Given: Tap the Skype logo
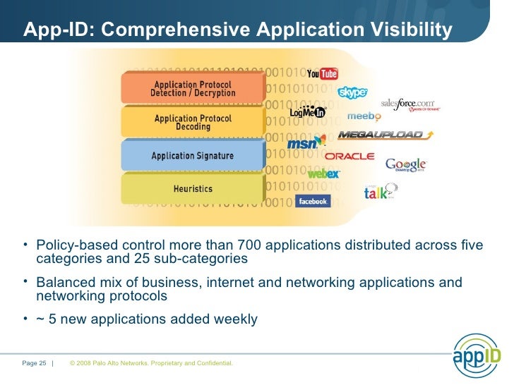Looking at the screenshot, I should coord(352,92).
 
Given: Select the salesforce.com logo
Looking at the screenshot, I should coord(410,105).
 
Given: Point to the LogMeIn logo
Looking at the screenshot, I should coord(307,111).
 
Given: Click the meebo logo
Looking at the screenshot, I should coord(365,116).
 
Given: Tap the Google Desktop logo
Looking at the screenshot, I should coord(406,165).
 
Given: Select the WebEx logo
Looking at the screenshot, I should coord(323,173).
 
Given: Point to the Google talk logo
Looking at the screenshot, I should coord(380,192).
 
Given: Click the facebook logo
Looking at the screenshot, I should coord(312,201).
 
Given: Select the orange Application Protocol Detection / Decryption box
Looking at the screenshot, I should coord(192,89).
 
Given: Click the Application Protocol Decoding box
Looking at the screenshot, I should coord(192,122).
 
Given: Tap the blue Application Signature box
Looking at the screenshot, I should coord(192,156).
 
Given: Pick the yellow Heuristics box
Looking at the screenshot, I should coord(192,189).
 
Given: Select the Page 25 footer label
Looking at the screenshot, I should coord(34,363).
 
